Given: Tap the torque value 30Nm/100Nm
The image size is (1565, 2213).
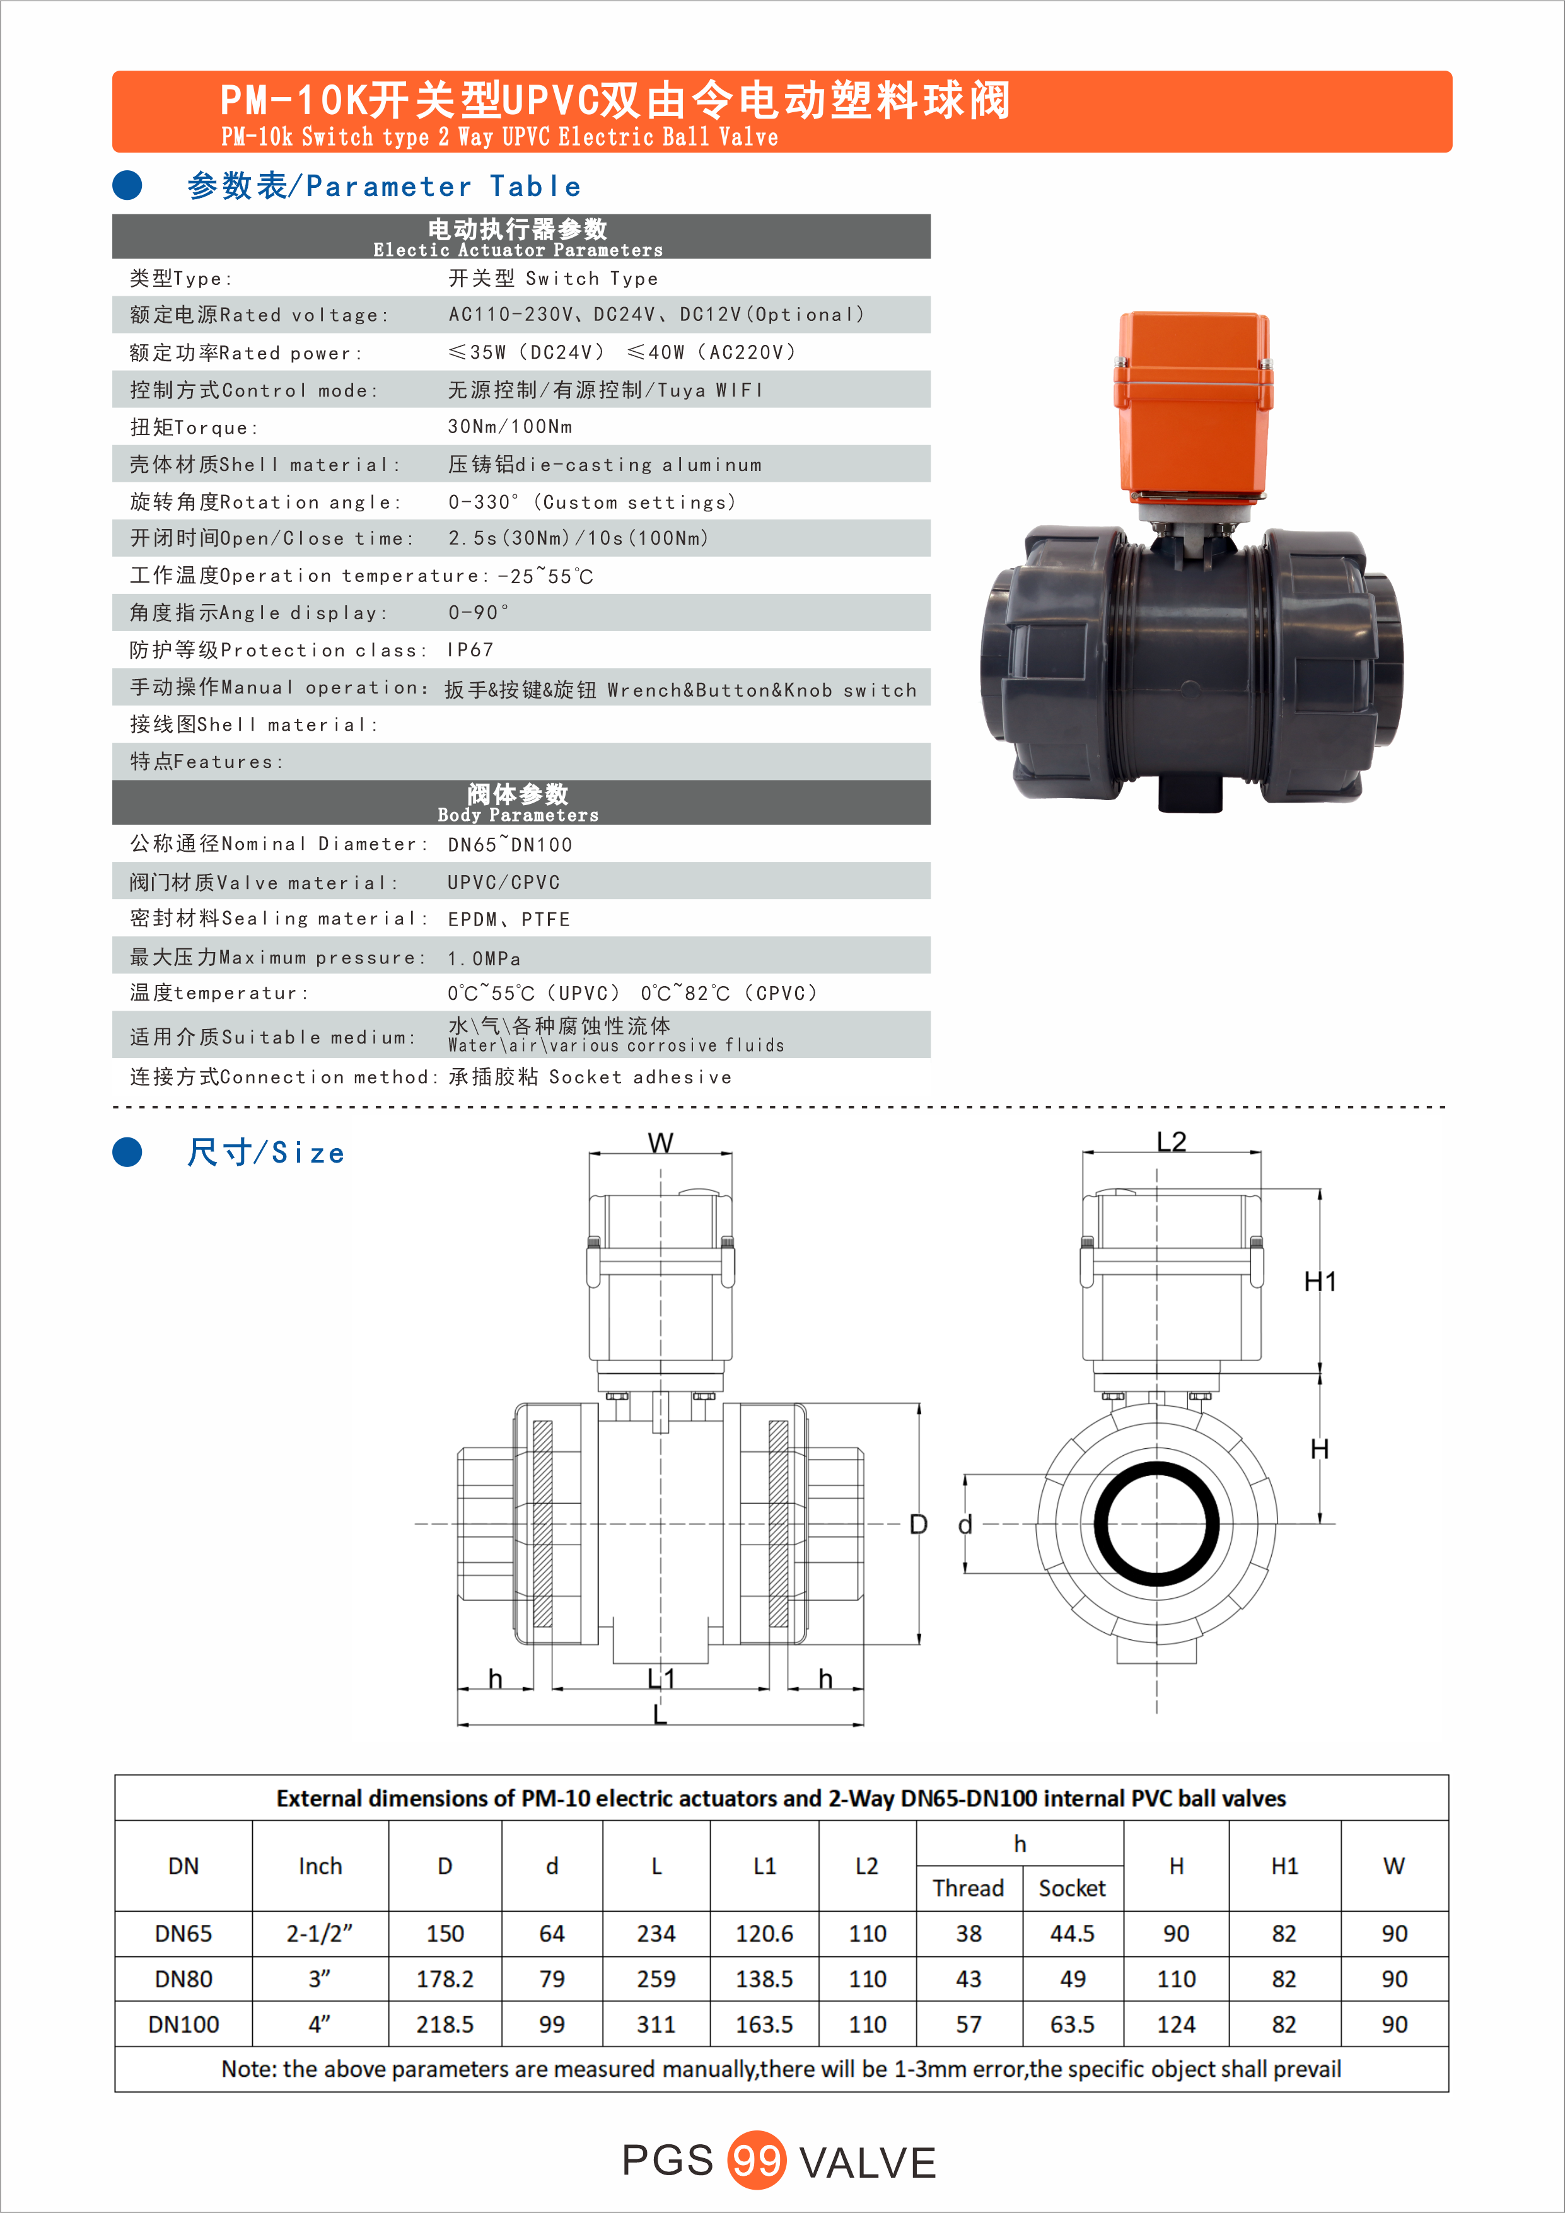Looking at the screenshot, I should tap(509, 427).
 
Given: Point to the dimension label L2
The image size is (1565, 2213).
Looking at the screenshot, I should tap(1171, 1142).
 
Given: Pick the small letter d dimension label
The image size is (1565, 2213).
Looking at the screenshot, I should tap(965, 1525).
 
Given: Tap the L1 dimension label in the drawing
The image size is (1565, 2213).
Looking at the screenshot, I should tap(661, 1679).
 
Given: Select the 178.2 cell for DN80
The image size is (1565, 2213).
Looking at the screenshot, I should tap(445, 1979).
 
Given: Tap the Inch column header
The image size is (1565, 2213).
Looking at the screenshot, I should tap(320, 1866).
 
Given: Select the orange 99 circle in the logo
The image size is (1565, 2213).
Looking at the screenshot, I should tap(757, 2160).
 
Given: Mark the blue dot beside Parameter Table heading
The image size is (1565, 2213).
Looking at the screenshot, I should tap(127, 185).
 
